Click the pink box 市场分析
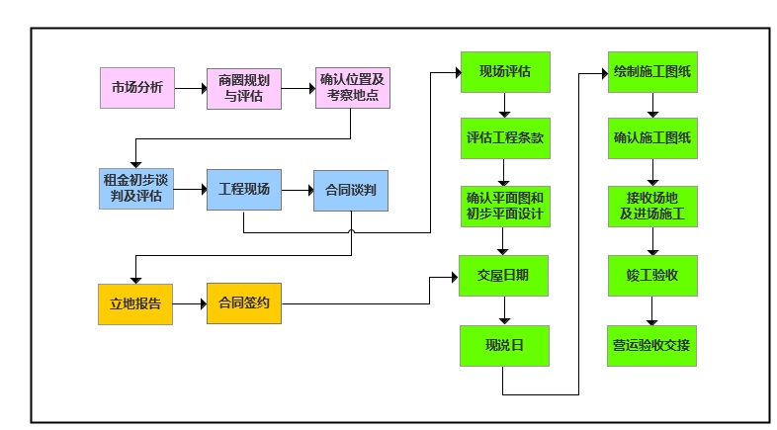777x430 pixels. tap(137, 88)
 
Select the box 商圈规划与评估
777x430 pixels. tap(243, 88)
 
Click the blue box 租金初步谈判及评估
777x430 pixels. tap(136, 189)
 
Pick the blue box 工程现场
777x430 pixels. tap(243, 189)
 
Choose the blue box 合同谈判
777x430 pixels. tap(350, 190)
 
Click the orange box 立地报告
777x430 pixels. tap(136, 304)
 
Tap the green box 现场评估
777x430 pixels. tap(504, 71)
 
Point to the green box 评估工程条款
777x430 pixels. tap(504, 138)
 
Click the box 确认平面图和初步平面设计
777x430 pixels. tap(504, 206)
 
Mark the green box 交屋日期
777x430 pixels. tap(504, 276)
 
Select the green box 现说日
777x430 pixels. tap(504, 345)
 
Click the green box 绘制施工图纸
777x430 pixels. tap(651, 71)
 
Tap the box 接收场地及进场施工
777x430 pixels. tap(651, 206)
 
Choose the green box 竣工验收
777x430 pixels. tap(651, 276)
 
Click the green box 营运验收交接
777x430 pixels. tap(651, 345)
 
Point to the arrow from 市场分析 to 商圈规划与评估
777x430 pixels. tap(190, 88)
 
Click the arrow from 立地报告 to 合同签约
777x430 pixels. tap(190, 304)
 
